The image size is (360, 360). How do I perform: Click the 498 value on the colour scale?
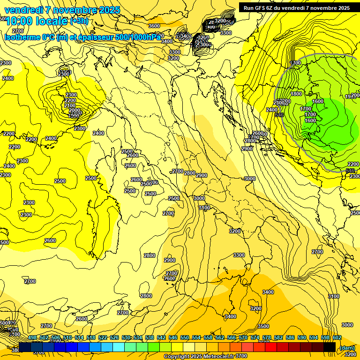tap(32, 337)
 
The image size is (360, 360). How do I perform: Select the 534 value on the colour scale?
tap(138, 337)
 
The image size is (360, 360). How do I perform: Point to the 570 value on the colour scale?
tap(243, 337)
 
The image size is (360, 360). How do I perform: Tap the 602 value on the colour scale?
tap(337, 337)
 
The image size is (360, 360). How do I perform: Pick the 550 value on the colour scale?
tap(185, 337)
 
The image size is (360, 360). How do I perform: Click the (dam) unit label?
tap(347, 347)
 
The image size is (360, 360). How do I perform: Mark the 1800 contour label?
tap(296, 94)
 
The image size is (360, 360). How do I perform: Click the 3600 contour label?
tap(154, 26)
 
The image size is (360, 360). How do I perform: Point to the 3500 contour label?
tap(263, 326)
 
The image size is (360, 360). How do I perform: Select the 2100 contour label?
tap(70, 105)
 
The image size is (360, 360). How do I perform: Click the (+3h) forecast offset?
tap(81, 21)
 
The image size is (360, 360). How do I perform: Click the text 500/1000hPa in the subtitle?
tap(138, 37)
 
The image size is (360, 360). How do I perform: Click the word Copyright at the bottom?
tap(176, 356)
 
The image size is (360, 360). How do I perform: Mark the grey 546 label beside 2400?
tap(279, 114)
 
